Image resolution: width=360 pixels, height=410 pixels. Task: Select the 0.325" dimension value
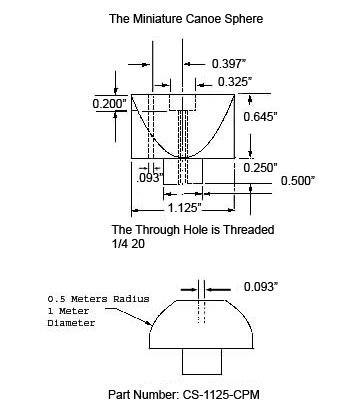coord(235,82)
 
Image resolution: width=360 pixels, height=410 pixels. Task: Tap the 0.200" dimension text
coord(110,104)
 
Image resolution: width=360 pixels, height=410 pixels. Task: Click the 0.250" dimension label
coord(261,168)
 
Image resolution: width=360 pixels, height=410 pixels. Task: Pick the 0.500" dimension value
coord(298,181)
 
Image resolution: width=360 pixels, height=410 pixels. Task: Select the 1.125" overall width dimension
coord(184,208)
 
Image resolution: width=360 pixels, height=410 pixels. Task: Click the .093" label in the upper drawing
coord(150,178)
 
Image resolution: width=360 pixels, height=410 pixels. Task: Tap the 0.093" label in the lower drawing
coord(261,286)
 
